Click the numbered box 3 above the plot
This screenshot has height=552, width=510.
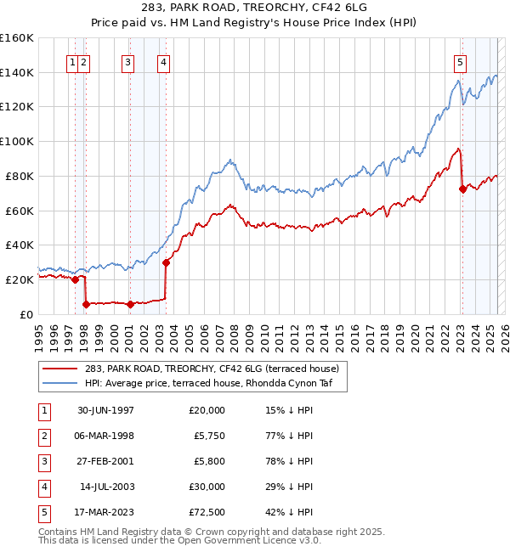click(127, 61)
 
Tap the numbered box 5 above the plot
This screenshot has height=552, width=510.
click(460, 61)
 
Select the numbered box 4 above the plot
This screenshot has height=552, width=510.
click(162, 61)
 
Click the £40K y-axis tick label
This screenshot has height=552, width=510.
click(19, 245)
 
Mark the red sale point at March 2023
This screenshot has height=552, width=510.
click(462, 189)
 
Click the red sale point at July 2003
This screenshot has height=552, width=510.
click(167, 262)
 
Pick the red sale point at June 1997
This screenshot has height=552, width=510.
click(76, 279)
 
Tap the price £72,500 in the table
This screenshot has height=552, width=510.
click(205, 512)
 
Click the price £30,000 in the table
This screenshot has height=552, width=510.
click(205, 487)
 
